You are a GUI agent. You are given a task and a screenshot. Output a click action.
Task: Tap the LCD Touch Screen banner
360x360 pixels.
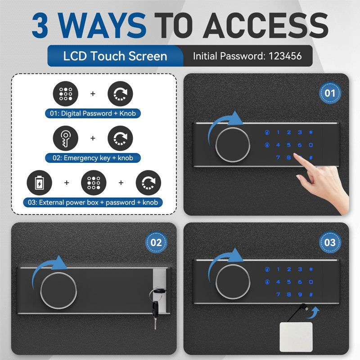point(115,56)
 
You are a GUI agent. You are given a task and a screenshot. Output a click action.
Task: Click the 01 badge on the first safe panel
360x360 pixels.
point(330,93)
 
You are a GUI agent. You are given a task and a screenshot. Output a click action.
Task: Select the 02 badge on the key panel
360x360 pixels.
point(156,243)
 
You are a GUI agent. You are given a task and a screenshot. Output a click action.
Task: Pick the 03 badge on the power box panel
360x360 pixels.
point(330,243)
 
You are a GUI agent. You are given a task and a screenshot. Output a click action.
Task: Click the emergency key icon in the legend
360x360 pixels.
point(66,138)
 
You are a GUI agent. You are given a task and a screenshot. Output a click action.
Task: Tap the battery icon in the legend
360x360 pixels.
point(40,183)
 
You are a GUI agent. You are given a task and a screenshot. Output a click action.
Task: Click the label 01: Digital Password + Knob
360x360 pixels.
point(93,113)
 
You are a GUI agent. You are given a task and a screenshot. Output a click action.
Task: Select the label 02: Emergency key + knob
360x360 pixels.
point(93,158)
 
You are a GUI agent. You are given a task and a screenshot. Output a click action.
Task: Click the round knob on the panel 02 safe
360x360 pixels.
point(58,290)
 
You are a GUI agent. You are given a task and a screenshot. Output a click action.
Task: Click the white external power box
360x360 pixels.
point(296,337)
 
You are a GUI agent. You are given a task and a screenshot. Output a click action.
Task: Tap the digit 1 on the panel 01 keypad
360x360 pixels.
point(278,132)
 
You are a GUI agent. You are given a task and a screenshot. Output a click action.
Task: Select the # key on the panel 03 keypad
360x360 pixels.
point(311,294)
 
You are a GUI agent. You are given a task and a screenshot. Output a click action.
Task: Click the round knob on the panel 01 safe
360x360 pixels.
point(233,145)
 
